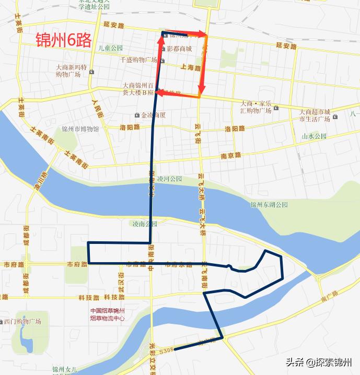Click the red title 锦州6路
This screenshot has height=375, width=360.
point(64,40)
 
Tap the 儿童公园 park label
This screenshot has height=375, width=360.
point(110,48)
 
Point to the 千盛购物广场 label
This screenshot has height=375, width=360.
point(138,60)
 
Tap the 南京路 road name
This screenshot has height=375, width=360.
point(230,155)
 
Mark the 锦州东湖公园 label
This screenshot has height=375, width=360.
point(269,205)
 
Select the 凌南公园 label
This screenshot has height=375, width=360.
point(144,224)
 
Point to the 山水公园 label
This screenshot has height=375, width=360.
point(314,136)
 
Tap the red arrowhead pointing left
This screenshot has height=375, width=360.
point(160,94)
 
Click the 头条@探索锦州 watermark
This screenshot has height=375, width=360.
point(319,361)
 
